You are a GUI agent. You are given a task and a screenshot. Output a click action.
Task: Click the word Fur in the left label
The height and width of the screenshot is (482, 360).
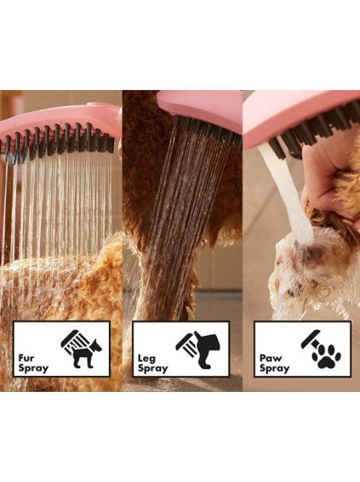(x=26, y=358)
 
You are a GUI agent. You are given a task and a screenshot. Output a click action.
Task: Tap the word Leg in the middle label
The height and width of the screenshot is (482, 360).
(x=147, y=359)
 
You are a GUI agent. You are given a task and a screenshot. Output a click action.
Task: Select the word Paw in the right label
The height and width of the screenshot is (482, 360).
(x=271, y=358)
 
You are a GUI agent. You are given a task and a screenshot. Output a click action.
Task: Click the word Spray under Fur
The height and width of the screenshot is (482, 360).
(x=33, y=368)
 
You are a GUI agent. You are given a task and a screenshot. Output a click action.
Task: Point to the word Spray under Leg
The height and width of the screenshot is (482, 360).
(x=153, y=369)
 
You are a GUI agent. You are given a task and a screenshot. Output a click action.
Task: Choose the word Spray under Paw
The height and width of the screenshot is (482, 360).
(x=274, y=369)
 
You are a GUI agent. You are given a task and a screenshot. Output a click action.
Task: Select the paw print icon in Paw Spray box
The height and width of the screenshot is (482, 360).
(x=326, y=356)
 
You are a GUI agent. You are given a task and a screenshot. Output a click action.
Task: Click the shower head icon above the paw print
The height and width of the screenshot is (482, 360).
(x=311, y=340)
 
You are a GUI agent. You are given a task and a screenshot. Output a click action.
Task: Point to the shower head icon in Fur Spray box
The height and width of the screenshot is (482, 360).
(x=73, y=340)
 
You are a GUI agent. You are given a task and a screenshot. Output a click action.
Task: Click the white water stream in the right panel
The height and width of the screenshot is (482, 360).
(x=286, y=191)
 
